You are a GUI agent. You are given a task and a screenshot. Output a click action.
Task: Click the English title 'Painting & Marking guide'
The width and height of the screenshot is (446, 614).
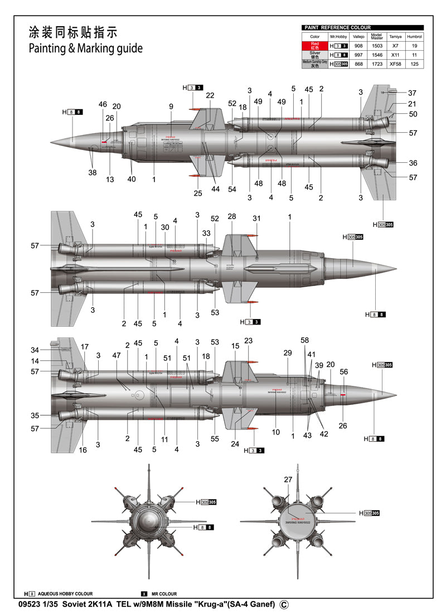click(x=85, y=48)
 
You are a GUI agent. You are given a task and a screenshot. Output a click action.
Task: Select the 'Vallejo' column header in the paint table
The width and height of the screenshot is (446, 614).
click(x=358, y=36)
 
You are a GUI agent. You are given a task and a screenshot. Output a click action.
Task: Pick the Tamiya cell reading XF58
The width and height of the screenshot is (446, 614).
click(x=395, y=64)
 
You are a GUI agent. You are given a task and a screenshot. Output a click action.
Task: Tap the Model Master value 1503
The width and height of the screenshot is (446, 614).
click(x=377, y=46)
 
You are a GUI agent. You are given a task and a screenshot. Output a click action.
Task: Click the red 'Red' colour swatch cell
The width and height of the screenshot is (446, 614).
click(x=315, y=46)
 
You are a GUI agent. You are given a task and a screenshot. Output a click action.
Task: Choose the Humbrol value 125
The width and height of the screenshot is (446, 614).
click(x=414, y=64)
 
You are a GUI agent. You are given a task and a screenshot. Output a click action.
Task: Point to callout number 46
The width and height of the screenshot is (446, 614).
click(x=103, y=104)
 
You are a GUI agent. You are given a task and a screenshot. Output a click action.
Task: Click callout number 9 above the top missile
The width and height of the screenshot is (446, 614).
click(x=171, y=107)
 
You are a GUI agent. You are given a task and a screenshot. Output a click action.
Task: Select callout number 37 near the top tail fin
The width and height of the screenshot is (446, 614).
click(x=412, y=93)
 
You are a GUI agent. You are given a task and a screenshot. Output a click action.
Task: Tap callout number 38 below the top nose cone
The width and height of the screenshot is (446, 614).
click(x=93, y=173)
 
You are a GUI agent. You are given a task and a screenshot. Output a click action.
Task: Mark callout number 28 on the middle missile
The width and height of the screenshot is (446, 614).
click(x=232, y=216)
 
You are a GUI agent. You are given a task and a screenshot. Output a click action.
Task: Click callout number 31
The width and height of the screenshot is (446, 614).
click(x=256, y=218)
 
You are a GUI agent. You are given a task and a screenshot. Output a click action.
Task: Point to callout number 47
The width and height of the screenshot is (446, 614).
click(x=117, y=355)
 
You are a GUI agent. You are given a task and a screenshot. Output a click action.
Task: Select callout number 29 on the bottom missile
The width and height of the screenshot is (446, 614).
click(x=288, y=353)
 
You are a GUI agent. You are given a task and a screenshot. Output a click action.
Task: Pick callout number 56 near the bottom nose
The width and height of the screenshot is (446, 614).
click(x=343, y=371)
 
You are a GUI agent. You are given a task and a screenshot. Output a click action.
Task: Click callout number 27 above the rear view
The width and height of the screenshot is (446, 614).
click(x=288, y=480)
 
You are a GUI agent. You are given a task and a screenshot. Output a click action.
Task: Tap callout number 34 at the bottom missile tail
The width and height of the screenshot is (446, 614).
click(x=35, y=350)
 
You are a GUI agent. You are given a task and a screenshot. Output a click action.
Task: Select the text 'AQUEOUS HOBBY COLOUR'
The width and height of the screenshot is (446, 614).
click(x=65, y=594)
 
